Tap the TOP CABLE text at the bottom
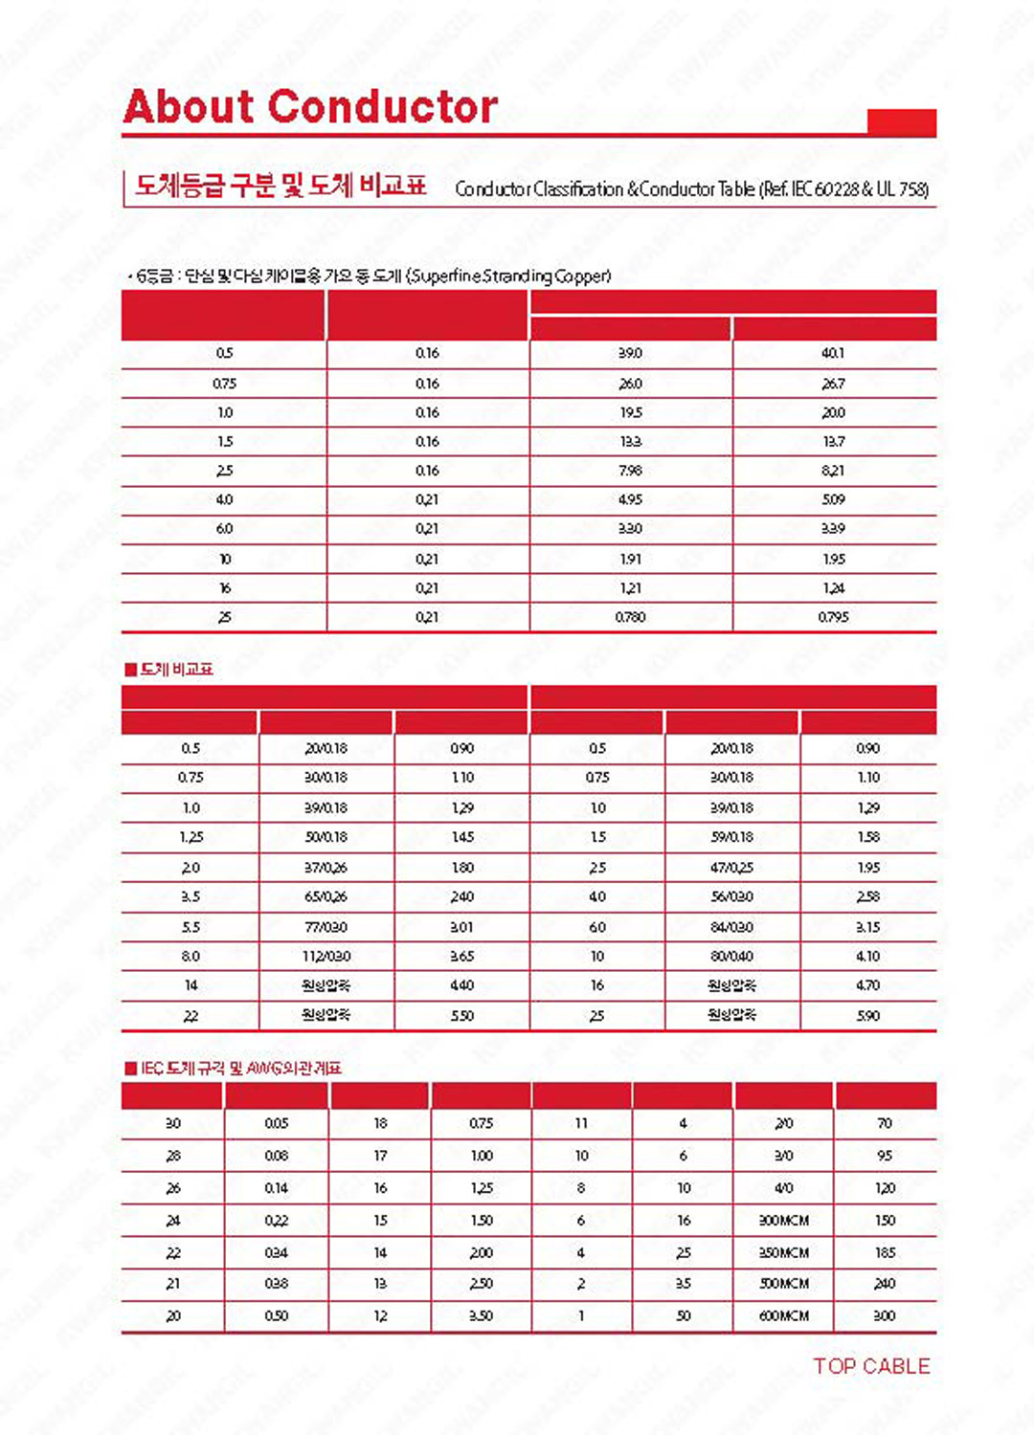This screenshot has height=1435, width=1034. tap(871, 1366)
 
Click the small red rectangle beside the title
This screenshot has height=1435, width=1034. tap(901, 122)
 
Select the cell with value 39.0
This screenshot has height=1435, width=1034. tap(630, 353)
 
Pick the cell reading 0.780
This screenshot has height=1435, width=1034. tap(630, 617)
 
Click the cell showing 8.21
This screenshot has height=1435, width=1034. tap(833, 471)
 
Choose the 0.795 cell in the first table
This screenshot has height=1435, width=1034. tap(833, 617)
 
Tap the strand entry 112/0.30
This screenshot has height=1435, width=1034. tap(326, 956)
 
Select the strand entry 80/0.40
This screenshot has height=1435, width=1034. tap(731, 956)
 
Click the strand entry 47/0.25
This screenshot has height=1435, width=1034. tap(731, 868)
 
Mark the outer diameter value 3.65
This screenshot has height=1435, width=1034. tap(462, 956)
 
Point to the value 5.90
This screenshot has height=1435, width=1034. tap(867, 1015)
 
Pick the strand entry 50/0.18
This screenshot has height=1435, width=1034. tap(326, 837)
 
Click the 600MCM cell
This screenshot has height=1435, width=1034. tap(784, 1315)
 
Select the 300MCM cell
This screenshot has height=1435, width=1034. tap(784, 1220)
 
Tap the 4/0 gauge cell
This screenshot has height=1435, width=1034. tap(784, 1187)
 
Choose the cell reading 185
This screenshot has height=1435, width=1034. tap(885, 1252)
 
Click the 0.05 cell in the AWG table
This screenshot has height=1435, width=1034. tap(277, 1123)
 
